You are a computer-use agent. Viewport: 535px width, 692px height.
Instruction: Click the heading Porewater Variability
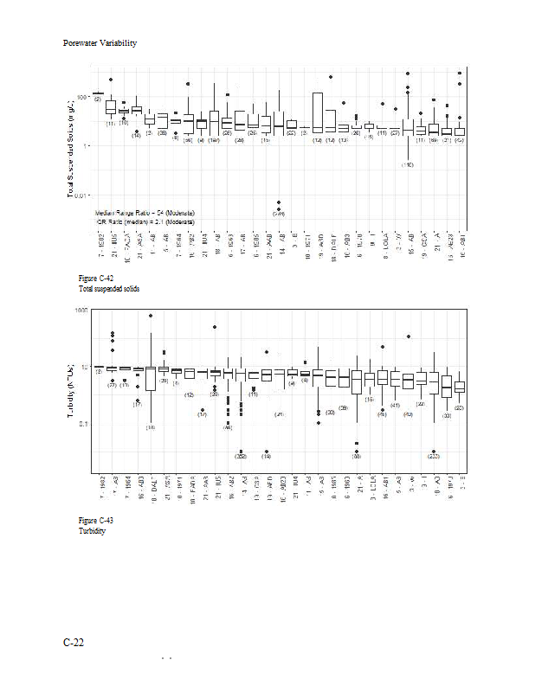tap(100, 43)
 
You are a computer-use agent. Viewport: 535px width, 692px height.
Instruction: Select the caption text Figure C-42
tap(95, 278)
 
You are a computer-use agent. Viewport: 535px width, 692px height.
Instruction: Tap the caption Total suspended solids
tap(108, 288)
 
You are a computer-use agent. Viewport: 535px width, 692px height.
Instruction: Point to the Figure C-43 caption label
tap(95, 520)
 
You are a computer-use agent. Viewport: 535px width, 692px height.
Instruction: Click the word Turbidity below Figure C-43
tap(92, 530)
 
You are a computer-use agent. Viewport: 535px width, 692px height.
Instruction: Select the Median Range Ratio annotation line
tap(144, 213)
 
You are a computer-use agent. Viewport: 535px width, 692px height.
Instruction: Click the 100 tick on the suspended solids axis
tap(82, 97)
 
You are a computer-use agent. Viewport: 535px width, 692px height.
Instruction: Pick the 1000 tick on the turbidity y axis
tap(83, 310)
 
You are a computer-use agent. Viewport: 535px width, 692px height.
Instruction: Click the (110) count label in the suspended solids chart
tap(407, 164)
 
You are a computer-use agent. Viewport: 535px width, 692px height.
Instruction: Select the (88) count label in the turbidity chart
tap(356, 456)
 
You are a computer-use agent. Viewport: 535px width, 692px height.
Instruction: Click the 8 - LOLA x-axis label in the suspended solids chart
tap(382, 246)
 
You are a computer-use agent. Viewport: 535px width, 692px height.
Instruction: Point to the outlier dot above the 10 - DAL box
tap(151, 316)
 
